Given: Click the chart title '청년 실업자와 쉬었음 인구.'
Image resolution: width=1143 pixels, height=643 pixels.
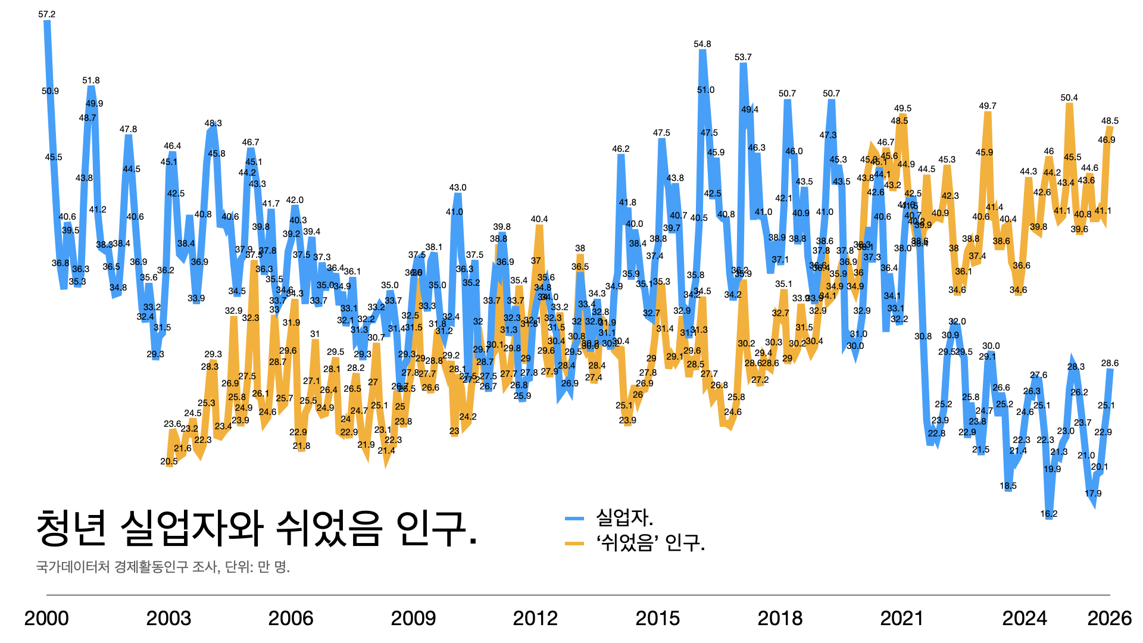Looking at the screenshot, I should click(x=256, y=528).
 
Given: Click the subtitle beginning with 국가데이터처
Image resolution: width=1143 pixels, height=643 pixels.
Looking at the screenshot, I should click(x=163, y=566).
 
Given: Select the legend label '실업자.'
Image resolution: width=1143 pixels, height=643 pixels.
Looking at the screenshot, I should click(x=624, y=517).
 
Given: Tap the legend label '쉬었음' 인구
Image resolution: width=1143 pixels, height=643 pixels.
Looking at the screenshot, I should click(x=651, y=542).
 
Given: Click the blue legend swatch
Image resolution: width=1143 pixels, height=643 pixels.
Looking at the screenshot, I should click(x=574, y=519).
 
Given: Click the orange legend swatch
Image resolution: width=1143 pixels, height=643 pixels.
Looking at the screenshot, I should click(x=574, y=543).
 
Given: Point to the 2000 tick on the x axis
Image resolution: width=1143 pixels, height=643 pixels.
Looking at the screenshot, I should click(x=46, y=619).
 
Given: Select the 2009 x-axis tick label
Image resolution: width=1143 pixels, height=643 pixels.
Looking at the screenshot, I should click(x=413, y=619).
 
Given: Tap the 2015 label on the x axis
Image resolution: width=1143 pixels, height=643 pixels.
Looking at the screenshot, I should click(x=658, y=619).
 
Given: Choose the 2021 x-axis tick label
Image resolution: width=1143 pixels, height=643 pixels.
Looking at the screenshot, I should click(x=902, y=619).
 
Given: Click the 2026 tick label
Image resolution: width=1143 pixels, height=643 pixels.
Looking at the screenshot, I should click(x=1109, y=619).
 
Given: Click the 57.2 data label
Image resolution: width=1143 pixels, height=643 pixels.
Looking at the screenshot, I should click(x=47, y=14).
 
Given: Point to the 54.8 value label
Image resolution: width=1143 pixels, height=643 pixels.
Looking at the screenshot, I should click(x=702, y=44).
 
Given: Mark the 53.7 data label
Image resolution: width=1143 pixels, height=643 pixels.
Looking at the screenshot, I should click(x=743, y=57).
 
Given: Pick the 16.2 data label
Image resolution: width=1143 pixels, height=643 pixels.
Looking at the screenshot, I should click(x=1049, y=514).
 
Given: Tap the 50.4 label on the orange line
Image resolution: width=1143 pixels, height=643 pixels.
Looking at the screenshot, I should click(x=1069, y=98).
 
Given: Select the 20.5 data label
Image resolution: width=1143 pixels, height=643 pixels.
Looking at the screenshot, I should click(x=169, y=461).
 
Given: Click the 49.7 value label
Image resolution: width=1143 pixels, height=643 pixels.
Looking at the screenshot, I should click(x=988, y=106).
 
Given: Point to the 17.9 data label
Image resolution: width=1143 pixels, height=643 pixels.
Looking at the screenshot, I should click(x=1093, y=494).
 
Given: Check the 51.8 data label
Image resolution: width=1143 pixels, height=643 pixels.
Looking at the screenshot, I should click(x=91, y=80).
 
